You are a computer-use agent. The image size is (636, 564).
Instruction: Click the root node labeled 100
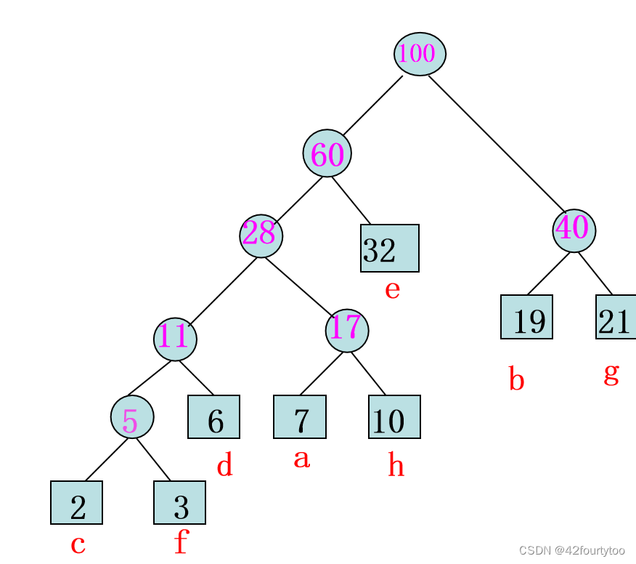point(420,54)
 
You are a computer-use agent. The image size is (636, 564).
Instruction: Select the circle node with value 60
point(327,153)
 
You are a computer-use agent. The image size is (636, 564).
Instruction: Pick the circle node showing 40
point(574,230)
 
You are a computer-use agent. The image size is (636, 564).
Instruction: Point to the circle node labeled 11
point(175,339)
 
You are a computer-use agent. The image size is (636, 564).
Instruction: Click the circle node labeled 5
point(132,416)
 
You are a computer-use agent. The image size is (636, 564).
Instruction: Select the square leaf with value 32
point(390,248)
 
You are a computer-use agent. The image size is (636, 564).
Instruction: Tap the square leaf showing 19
point(526,317)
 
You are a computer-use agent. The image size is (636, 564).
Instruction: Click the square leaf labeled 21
point(616,317)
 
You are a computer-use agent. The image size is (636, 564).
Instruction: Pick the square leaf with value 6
point(213,417)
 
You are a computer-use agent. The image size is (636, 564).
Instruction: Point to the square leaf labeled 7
point(300,417)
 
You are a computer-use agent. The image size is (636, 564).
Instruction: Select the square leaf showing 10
point(394,417)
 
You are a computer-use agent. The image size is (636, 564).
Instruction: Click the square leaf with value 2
point(76,502)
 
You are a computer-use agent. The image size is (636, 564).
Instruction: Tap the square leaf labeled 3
point(179,502)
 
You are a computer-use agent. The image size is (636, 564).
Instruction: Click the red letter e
point(392,290)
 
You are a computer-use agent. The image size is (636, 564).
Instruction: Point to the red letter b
point(516,379)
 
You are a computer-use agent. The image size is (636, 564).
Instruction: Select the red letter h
point(396,464)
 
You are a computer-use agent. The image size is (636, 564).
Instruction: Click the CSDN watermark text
point(572,551)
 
